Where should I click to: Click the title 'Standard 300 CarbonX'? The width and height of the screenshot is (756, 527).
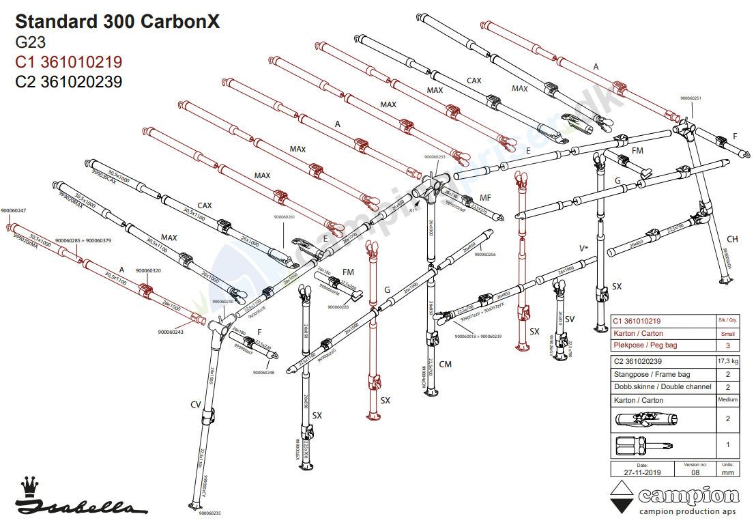coord(117,21)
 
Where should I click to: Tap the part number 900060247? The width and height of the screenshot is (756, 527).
coord(14,210)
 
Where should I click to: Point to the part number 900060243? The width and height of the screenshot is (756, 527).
coord(171,332)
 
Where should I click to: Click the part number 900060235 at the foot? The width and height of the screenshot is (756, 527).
coord(208,513)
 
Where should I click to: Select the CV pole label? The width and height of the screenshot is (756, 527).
coord(195,404)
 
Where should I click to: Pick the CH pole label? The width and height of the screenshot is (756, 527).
coord(732,239)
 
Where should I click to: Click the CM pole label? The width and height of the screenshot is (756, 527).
coord(446,364)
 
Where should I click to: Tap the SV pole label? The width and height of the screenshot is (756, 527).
coord(570,319)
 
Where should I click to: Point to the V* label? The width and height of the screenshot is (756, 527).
coord(583,248)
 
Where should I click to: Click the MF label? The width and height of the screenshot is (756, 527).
coord(486,197)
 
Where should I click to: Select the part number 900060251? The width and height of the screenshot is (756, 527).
coord(690,98)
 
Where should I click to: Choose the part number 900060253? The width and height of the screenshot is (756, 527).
coord(435,157)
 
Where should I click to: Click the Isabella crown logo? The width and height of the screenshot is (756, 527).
coord(29,487)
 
